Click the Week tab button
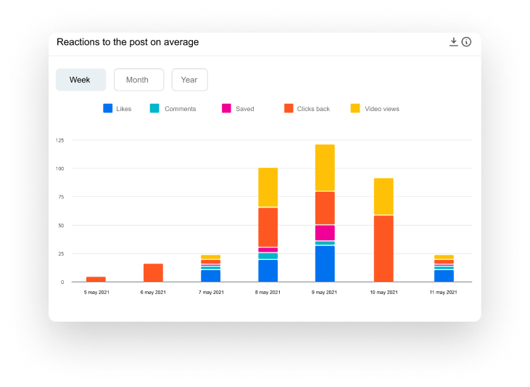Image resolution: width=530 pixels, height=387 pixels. coord(80,80)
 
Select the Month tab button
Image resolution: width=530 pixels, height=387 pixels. coord(138,80)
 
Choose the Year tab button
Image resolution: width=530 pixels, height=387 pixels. coord(189,80)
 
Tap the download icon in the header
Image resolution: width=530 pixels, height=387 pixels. coord(454,42)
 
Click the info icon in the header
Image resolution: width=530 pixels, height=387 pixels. coord(466,42)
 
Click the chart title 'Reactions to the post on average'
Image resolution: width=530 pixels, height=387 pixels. coord(128,42)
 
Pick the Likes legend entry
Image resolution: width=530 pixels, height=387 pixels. coord(117,109)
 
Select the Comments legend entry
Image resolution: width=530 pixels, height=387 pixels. coord(173,109)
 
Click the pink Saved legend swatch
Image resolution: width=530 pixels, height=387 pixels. coord(226,109)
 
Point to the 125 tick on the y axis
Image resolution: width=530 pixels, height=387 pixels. coord(59,140)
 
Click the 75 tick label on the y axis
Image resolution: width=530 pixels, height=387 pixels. coord(61,197)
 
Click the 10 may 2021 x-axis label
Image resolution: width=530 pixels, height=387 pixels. coord(383,293)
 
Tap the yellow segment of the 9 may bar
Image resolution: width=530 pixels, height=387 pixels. coord(325,168)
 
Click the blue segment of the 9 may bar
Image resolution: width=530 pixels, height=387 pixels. coord(325,264)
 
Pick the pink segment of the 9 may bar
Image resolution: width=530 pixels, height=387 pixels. coord(325,232)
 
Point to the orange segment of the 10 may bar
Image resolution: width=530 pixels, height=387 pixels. coord(384,248)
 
